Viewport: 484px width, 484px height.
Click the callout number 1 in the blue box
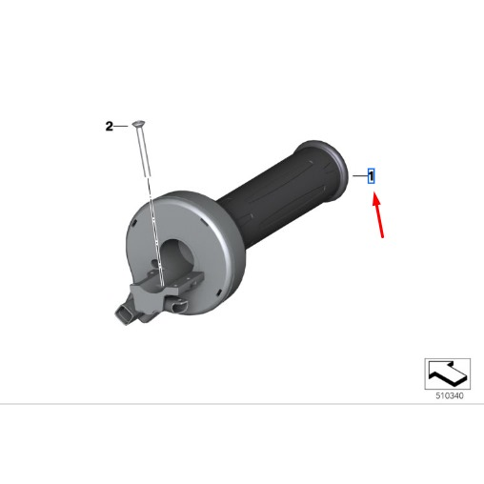[371, 176]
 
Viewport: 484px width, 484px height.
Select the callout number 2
[109, 127]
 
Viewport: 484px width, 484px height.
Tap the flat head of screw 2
[139, 123]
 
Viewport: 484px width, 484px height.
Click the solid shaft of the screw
[142, 151]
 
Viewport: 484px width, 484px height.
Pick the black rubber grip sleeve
[283, 192]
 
